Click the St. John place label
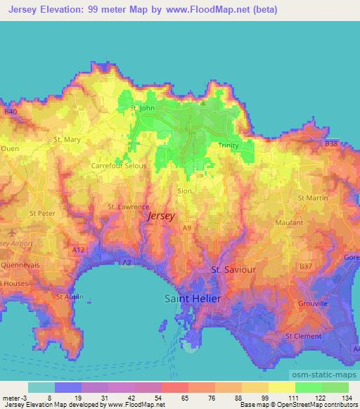[x=143, y=108]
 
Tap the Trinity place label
[x=229, y=145]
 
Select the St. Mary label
[x=67, y=140]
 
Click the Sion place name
[x=184, y=190]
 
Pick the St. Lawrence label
[x=128, y=207]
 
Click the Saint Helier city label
[x=192, y=299]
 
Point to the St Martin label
[x=313, y=198]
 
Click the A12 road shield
[x=78, y=248]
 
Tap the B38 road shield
[x=331, y=143]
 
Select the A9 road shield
[x=186, y=228]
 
